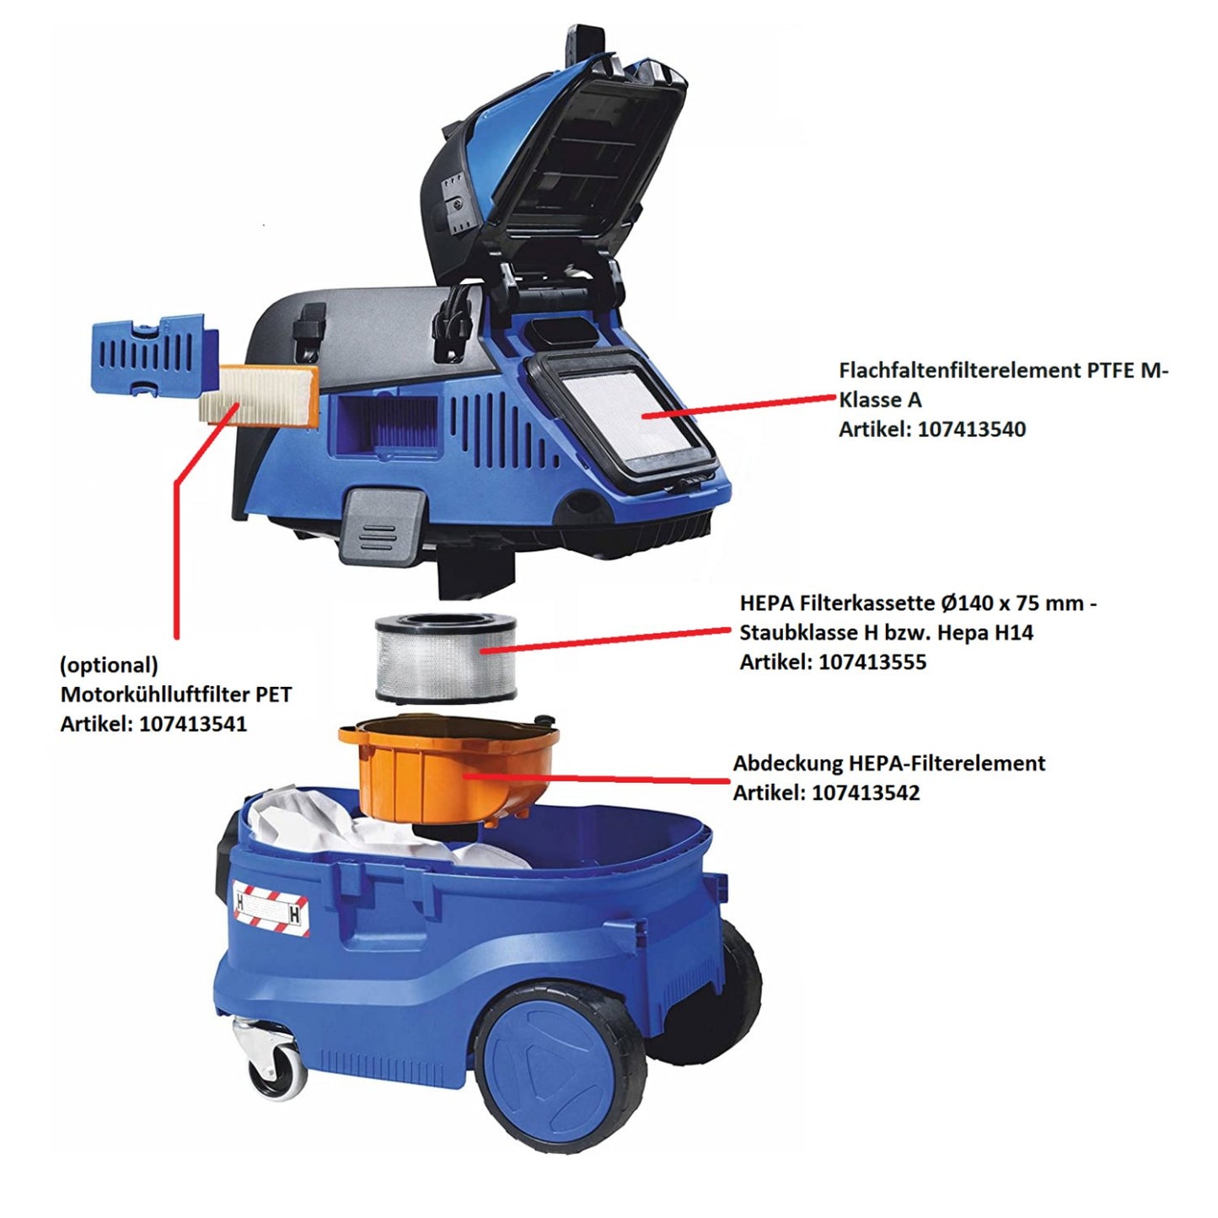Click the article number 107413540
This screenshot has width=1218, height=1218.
[x=971, y=429]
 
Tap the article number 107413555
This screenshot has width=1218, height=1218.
[x=872, y=663]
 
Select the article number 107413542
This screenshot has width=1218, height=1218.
[x=866, y=793]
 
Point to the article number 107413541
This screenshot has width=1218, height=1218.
[x=193, y=724]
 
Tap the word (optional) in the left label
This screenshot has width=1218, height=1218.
[x=109, y=665]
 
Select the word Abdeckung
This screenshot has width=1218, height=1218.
[x=787, y=764]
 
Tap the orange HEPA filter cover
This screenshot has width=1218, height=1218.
[x=447, y=767]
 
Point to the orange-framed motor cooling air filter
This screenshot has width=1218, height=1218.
[x=259, y=396]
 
